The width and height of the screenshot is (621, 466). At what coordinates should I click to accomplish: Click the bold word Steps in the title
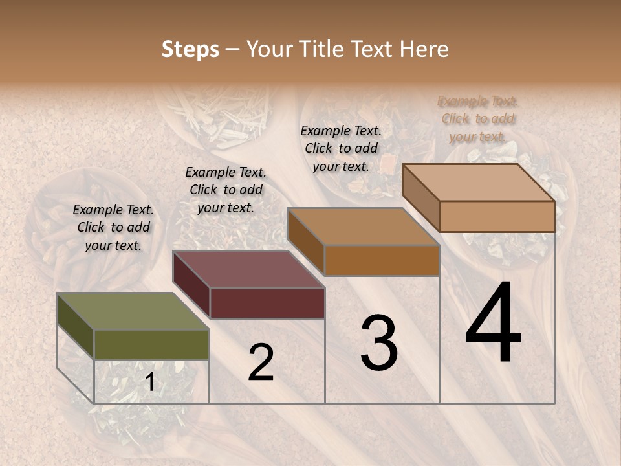click(190, 49)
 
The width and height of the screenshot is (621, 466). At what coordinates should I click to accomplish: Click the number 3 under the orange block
click(379, 343)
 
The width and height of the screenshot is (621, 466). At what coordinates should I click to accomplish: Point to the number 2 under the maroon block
click(261, 362)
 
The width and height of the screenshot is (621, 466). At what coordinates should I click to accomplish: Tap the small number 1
click(149, 383)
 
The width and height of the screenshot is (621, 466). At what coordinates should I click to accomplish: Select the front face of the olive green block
click(151, 345)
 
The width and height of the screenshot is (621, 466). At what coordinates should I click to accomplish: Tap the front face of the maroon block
click(267, 303)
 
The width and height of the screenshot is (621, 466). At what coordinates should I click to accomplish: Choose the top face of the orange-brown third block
click(363, 227)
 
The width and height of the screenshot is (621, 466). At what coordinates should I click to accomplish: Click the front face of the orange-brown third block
click(382, 260)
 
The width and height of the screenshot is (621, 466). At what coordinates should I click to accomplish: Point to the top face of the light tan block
click(478, 183)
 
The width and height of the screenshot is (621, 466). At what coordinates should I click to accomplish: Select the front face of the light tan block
click(497, 216)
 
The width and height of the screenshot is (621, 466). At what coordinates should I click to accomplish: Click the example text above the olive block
click(113, 227)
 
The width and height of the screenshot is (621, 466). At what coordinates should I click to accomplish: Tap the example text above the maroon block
click(226, 190)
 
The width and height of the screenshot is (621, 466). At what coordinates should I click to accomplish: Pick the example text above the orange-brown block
click(341, 148)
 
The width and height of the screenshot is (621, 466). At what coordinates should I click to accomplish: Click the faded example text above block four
click(477, 119)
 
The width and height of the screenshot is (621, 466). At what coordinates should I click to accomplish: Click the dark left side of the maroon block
click(191, 285)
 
